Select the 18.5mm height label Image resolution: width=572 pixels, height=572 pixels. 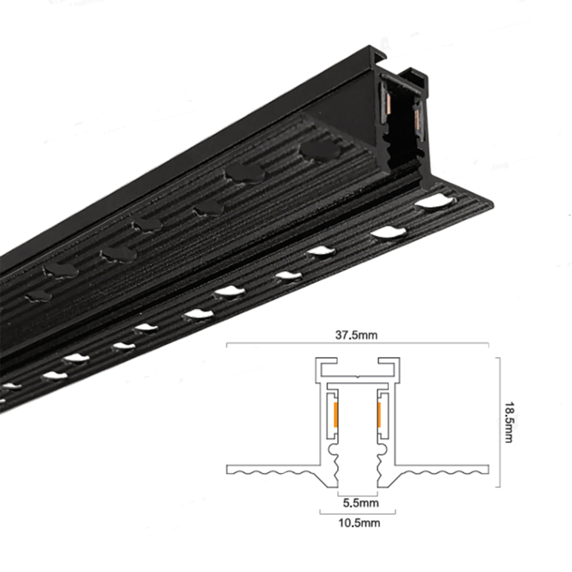507,417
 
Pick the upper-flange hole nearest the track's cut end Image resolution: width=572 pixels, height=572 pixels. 320,150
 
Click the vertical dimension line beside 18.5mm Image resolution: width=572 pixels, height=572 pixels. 496,417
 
